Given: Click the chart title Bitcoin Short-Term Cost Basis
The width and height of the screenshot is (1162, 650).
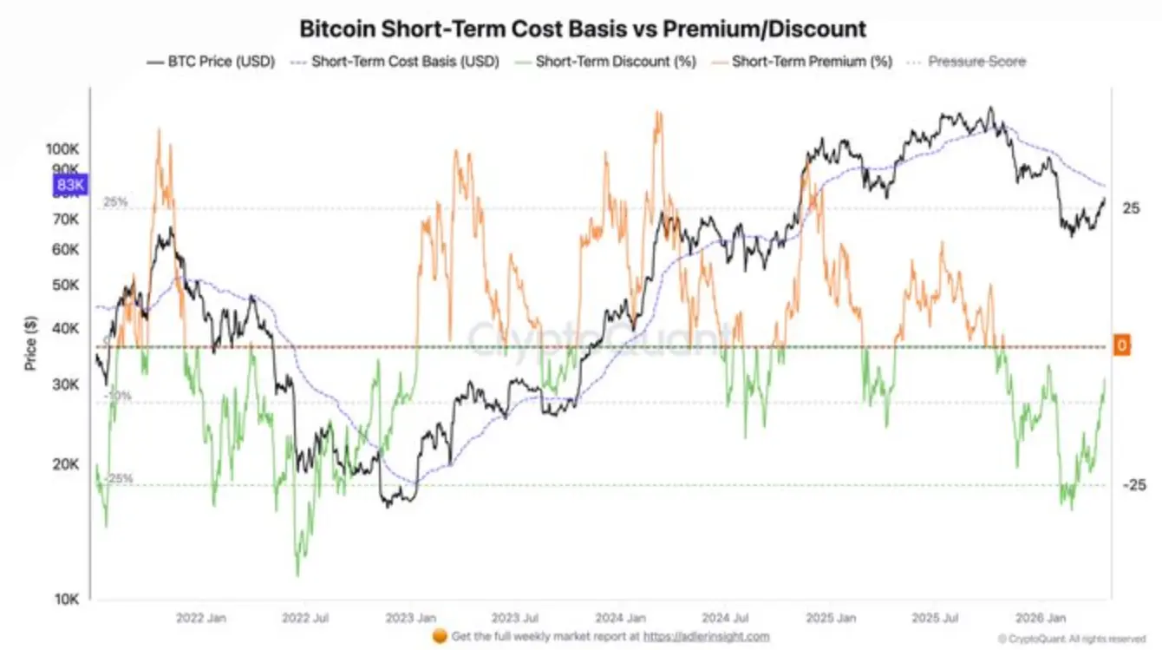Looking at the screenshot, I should [582, 29].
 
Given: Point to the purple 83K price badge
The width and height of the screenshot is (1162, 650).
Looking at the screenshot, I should [69, 185].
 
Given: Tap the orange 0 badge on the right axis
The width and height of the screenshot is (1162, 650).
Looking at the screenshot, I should [1121, 345].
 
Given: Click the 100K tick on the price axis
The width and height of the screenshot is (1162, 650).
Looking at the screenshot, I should [63, 149].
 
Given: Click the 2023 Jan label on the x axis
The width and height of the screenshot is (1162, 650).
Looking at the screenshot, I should [411, 619].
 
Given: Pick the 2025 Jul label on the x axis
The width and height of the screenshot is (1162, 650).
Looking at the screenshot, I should [937, 619].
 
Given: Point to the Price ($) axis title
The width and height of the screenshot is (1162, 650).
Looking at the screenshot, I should [31, 343].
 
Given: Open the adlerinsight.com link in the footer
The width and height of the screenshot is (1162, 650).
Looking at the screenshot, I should [706, 636].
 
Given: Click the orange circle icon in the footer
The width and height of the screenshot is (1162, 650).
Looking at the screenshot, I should [440, 636].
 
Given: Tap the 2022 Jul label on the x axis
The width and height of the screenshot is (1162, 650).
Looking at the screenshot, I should [306, 619].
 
